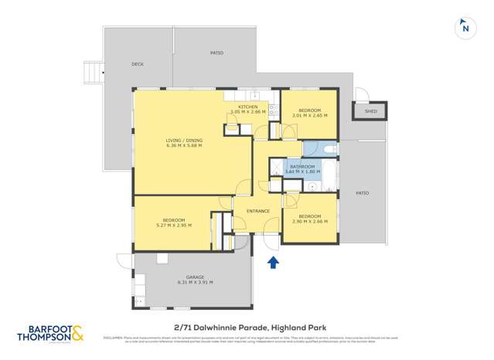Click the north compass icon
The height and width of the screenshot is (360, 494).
point(465,27)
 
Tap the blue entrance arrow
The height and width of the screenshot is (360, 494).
point(273,263)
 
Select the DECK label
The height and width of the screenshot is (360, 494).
point(138,65)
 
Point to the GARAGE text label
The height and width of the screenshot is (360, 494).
point(194,277)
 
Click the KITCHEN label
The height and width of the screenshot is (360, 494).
point(247,107)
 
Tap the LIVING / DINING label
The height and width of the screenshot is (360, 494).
point(183,140)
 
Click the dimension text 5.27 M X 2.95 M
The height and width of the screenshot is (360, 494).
point(173,226)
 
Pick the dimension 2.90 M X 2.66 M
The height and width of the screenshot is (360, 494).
point(309,222)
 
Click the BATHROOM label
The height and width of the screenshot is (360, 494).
point(302,166)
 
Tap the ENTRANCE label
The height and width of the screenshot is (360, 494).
point(257,211)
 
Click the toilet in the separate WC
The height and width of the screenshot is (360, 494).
point(328,148)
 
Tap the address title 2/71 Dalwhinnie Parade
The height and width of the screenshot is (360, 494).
point(250,328)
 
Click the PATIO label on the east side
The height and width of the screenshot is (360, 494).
point(362,193)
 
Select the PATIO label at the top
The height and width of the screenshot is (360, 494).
point(216,53)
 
